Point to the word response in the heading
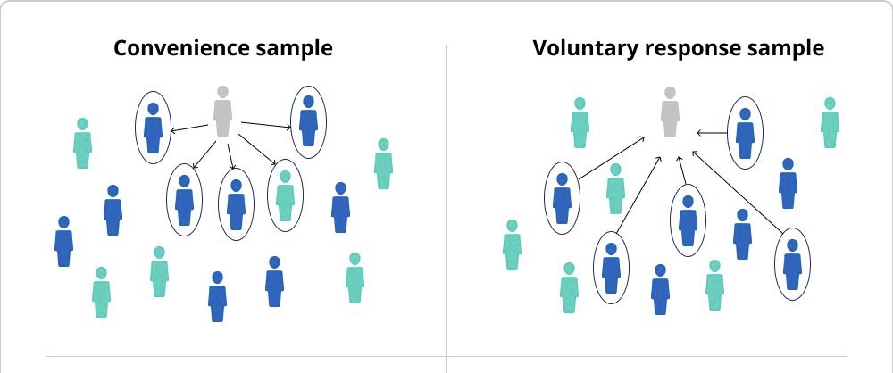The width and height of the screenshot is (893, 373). click(691, 50)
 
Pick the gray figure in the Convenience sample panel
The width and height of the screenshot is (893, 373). click(222, 112)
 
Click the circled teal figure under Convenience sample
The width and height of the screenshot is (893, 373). click(285, 195)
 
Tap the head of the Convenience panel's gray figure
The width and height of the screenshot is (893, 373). click(222, 92)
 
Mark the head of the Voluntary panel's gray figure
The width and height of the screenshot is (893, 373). click(670, 92)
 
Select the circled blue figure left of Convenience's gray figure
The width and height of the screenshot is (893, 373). click(153, 126)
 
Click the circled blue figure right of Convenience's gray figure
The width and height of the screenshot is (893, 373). click(309, 121)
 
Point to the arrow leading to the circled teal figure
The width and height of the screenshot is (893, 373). click(261, 150)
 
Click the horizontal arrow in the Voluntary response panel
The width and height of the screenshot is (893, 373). click(711, 134)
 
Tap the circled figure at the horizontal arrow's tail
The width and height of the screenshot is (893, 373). click(745, 133)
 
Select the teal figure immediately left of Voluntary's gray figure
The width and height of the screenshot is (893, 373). click(580, 123)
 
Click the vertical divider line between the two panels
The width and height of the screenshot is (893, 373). click(446, 205)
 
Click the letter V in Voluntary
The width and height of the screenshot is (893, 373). click(541, 48)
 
